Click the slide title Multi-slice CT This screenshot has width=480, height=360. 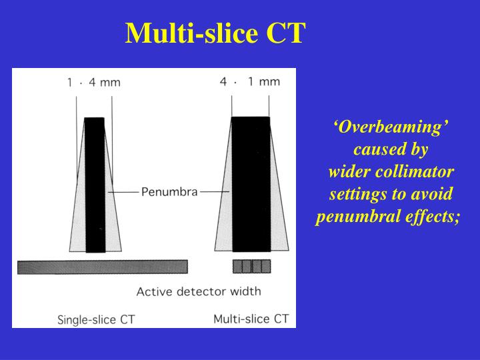[215, 33]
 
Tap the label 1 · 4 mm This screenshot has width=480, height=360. [93, 83]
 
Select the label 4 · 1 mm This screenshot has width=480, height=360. [250, 82]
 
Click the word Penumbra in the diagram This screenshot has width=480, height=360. [169, 192]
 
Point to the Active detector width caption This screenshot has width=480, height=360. [199, 291]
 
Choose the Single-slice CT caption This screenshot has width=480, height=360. [97, 320]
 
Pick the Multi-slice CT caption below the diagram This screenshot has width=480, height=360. [251, 319]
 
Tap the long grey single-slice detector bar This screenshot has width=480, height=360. [102, 267]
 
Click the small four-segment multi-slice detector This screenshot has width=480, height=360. [251, 266]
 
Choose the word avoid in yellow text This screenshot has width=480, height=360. [433, 195]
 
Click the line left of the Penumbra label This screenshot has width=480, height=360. [123, 192]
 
